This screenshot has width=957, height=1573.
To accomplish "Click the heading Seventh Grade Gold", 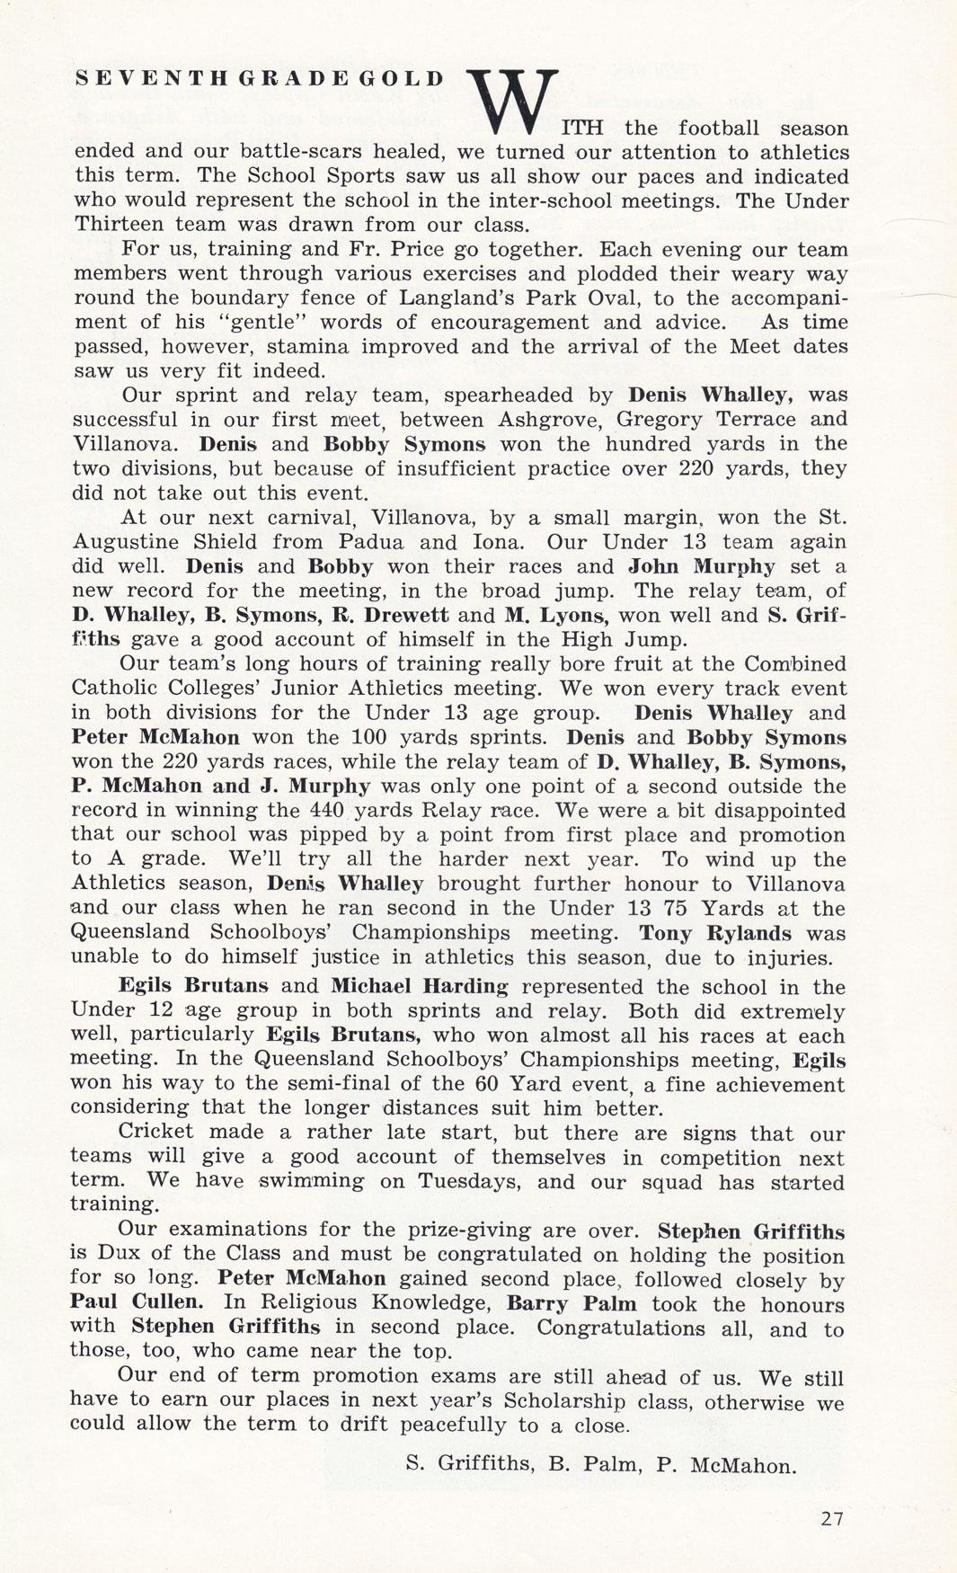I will coord(259,78).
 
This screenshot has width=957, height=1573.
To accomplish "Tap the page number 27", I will coord(832,1519).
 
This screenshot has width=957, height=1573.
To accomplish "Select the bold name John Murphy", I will coord(701,566).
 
